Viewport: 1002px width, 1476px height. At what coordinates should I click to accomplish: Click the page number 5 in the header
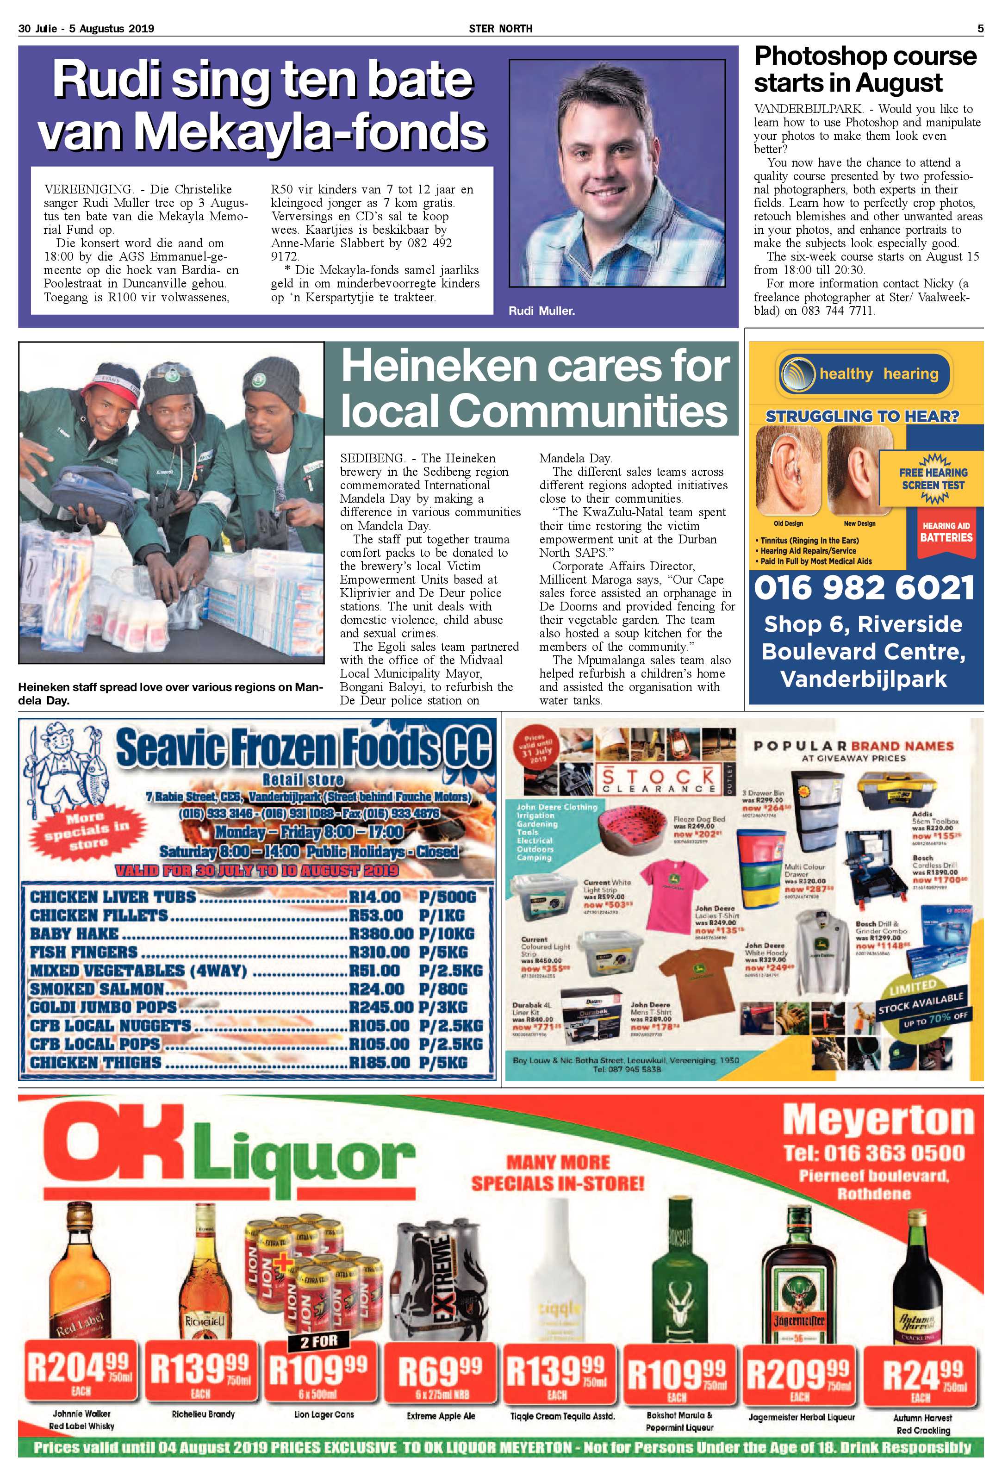[980, 29]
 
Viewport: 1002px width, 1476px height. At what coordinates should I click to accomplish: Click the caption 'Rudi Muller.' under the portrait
[541, 311]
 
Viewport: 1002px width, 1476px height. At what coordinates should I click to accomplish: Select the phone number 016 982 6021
[864, 588]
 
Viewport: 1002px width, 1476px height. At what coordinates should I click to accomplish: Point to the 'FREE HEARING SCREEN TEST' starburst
[932, 479]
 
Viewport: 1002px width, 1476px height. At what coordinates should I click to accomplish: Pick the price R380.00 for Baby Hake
[381, 934]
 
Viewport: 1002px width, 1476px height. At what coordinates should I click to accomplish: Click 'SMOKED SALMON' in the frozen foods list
[97, 989]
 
